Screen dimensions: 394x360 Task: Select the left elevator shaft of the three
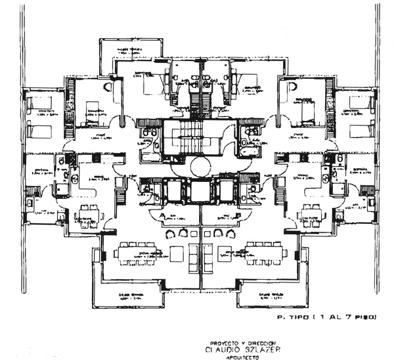point(175,192)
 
